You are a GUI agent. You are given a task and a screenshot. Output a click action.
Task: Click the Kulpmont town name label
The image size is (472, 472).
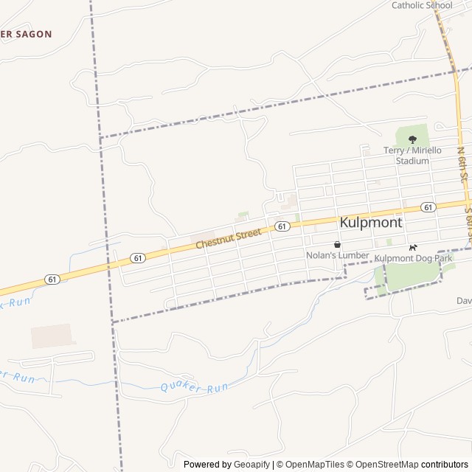point(371,222)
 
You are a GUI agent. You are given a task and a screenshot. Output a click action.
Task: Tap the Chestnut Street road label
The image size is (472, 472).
point(228,238)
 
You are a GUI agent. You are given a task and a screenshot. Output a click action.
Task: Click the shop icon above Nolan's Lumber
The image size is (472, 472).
point(337,244)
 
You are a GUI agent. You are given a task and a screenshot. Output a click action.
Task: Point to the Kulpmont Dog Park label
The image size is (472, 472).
point(412,258)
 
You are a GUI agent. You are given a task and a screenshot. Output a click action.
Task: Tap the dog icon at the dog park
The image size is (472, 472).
point(413,247)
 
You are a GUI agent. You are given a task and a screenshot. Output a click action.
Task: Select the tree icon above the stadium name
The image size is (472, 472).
point(412,139)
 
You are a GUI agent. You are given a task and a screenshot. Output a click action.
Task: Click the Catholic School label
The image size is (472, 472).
point(422,5)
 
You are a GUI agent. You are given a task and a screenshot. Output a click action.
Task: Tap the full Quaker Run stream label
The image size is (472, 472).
point(195,387)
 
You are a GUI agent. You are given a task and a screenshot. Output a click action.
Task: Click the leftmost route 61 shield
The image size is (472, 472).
point(51,279)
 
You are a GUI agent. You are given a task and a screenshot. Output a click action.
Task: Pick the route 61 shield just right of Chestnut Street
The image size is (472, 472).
point(281,226)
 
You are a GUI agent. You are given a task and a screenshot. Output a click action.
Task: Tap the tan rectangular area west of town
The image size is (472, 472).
point(53,336)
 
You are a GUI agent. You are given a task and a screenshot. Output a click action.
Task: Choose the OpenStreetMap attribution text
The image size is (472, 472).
point(384,465)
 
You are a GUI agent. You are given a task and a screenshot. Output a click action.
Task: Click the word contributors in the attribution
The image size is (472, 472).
point(445,465)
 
